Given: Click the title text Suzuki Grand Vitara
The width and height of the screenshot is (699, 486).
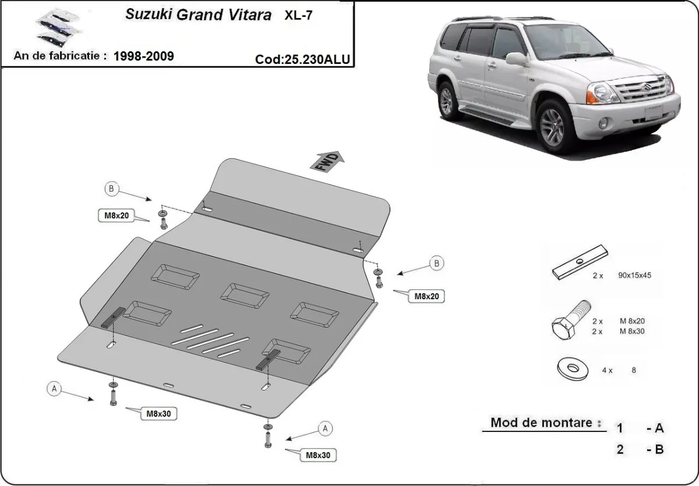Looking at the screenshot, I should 198,15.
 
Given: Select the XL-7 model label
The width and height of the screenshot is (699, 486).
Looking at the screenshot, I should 298,16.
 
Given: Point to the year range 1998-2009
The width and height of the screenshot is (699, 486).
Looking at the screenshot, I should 143,56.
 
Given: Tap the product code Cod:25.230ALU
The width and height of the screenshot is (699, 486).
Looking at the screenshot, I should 302,59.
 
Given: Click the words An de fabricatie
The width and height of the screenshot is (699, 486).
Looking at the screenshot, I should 59,56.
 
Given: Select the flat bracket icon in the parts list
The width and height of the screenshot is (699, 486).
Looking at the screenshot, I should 580,264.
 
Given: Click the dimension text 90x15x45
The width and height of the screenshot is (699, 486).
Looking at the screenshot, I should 634,276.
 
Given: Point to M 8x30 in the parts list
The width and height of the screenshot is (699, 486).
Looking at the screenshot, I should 632,331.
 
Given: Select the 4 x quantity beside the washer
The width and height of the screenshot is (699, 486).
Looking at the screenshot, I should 607,370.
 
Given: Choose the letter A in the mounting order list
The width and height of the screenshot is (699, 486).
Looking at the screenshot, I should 659,428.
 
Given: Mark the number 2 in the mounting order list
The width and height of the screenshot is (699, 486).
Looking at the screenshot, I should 620,449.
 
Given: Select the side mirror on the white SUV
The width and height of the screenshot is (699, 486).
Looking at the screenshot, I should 516,58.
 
